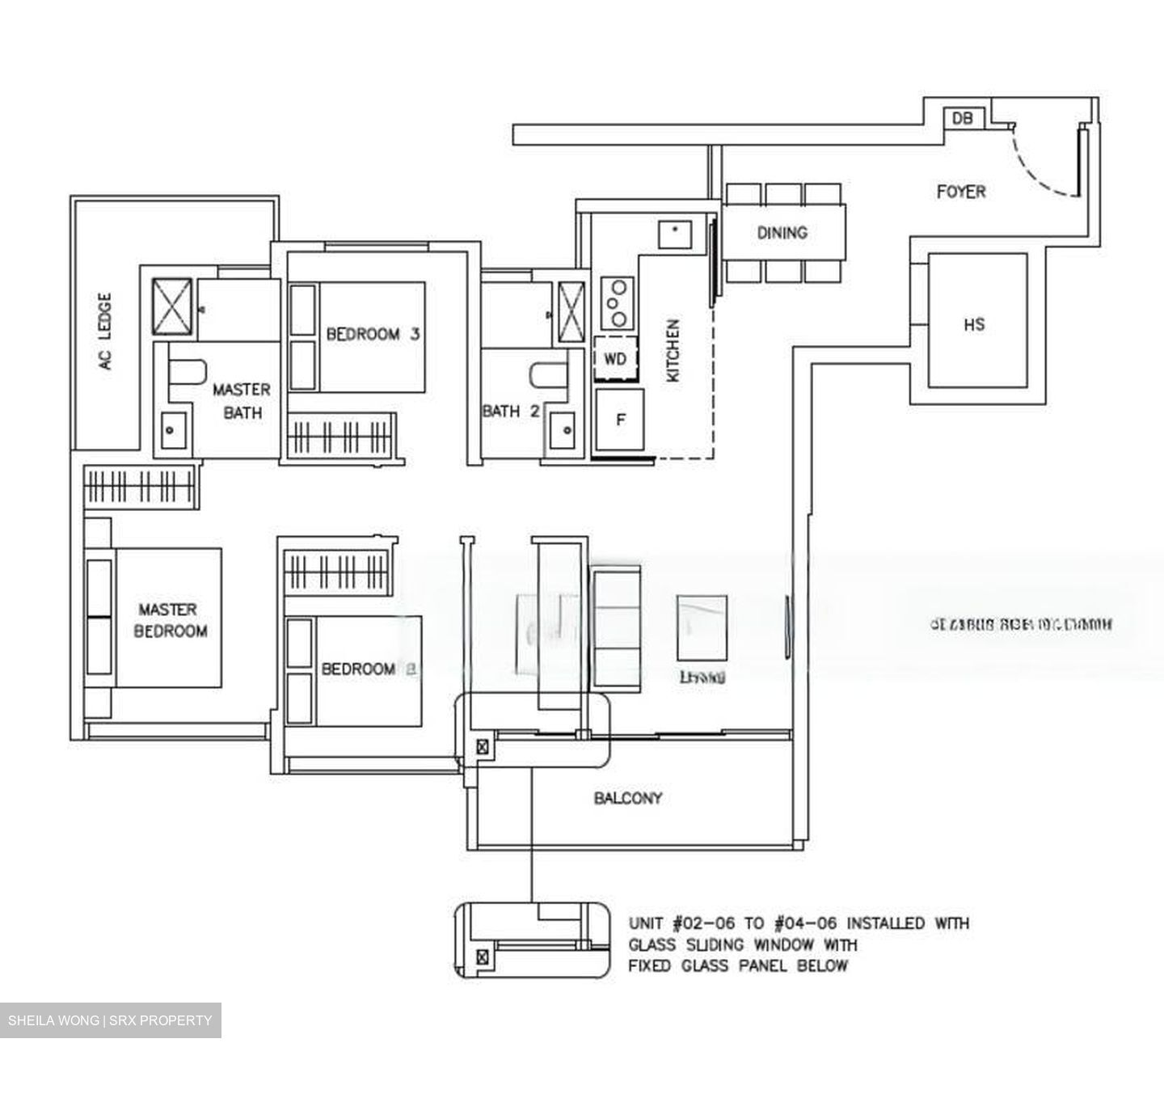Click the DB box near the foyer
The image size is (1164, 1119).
coord(963,118)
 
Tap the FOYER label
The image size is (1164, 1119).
coord(960,192)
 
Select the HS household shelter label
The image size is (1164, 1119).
coord(974,324)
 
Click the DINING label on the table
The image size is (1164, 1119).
coord(782,233)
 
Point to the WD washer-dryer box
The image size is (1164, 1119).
coord(615,359)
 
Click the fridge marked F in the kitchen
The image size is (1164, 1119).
coord(620,420)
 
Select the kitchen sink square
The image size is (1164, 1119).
coord(673,234)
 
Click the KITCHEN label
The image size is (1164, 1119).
coord(673,350)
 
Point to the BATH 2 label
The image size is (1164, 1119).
coord(510,411)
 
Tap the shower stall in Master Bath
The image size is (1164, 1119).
coord(173,306)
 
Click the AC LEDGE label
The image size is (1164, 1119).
coord(105,331)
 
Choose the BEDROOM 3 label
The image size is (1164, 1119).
coord(373,334)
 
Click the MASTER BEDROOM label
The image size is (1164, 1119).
coord(170,620)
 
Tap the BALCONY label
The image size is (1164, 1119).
coord(627,798)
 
